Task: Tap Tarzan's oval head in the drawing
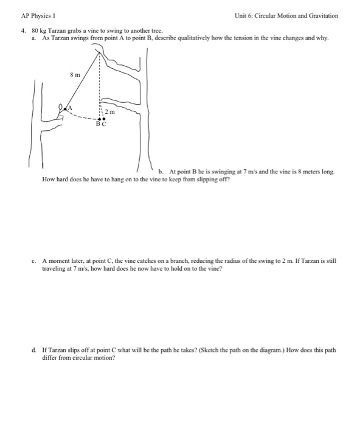pos(60,108)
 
